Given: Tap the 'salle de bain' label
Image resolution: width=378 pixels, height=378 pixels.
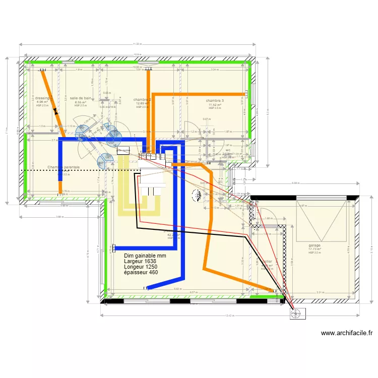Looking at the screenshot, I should (81, 98).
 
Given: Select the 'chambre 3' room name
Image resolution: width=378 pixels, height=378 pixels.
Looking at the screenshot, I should (215, 101).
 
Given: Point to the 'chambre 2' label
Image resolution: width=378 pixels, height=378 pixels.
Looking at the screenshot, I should (142, 100).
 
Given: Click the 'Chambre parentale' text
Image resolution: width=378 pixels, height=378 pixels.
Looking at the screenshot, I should (64, 167).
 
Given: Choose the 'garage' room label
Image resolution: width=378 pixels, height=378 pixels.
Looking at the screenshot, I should (315, 245).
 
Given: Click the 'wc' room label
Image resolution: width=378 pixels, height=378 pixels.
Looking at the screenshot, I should (228, 150).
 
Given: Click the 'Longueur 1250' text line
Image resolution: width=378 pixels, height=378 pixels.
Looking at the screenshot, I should (144, 267).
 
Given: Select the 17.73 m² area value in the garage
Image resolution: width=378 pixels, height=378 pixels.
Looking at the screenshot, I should (315, 249).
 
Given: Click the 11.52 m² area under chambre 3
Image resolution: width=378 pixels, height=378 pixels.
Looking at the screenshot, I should (215, 105).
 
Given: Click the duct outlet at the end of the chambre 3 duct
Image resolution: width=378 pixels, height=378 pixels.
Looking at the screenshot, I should (247, 94).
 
